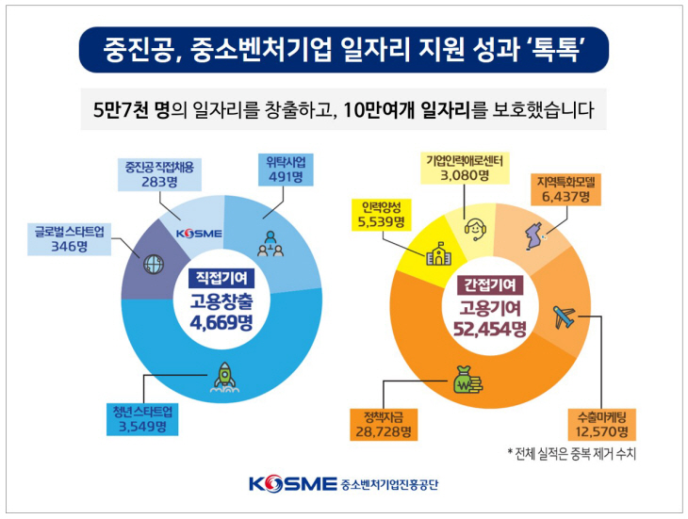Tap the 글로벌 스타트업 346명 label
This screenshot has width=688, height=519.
click(71, 238)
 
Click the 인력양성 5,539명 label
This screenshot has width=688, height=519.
click(380, 214)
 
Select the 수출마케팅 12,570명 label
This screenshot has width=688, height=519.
click(601, 424)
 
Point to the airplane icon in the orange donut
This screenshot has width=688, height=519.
click(563, 316)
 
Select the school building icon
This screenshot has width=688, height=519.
click(438, 253)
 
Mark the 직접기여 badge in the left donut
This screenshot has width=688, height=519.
click(221, 277)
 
